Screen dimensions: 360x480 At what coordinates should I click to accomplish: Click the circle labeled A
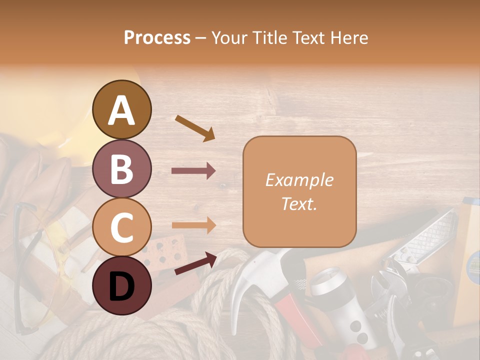(122, 109)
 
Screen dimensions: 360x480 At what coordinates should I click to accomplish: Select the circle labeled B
(122, 169)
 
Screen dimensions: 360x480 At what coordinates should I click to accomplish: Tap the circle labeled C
(122, 227)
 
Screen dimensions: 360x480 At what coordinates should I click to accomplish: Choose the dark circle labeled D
(122, 285)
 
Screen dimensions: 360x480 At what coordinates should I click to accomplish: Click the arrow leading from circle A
(194, 128)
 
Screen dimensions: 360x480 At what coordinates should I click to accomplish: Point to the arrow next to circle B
(193, 171)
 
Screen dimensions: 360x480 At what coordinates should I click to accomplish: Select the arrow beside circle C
(193, 225)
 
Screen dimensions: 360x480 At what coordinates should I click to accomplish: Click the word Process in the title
(157, 37)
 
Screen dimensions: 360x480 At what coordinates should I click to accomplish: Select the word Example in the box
(299, 180)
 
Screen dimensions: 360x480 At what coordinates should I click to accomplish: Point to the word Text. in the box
(299, 203)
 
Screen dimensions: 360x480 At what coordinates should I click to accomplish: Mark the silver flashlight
(340, 300)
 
